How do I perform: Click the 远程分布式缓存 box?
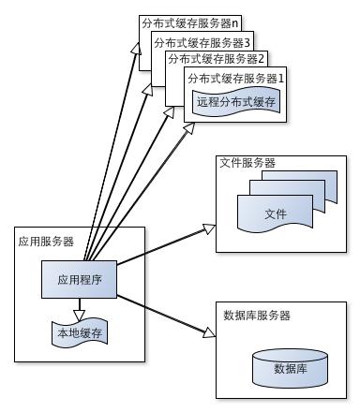click(x=236, y=101)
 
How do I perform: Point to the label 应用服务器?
click(x=46, y=242)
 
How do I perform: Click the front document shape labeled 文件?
click(x=274, y=214)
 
